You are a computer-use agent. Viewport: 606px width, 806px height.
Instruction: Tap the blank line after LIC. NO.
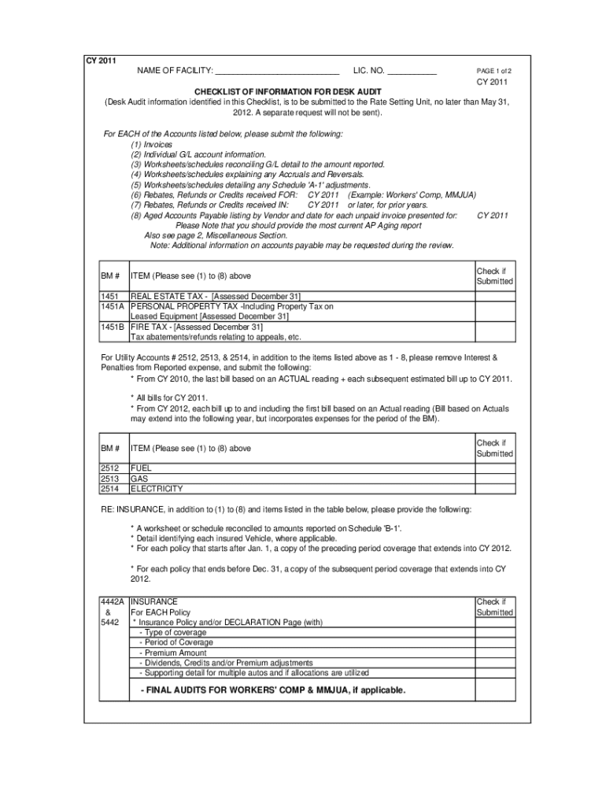pyautogui.click(x=411, y=72)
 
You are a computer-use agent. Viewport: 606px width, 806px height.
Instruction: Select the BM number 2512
pyautogui.click(x=109, y=468)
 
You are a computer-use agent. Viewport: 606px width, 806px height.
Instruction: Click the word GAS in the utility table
pyautogui.click(x=139, y=478)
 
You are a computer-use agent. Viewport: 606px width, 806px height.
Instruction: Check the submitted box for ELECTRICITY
pyautogui.click(x=494, y=488)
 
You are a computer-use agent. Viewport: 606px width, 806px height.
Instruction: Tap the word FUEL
pyautogui.click(x=141, y=468)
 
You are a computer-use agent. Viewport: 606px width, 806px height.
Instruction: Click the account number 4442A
pyautogui.click(x=113, y=601)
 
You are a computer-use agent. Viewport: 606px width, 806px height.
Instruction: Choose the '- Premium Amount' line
pyautogui.click(x=173, y=653)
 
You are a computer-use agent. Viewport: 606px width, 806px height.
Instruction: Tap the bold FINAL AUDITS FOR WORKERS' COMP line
pyautogui.click(x=273, y=690)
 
